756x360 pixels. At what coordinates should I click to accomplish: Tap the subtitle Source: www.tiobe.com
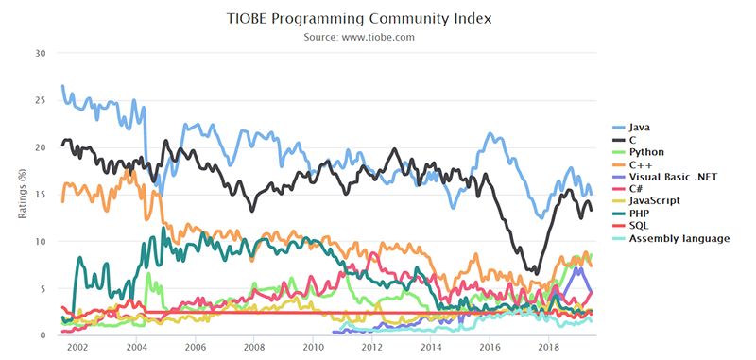click(359, 37)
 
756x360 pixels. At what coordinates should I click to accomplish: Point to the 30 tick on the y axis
click(40, 53)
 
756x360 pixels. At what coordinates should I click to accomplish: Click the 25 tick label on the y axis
click(40, 100)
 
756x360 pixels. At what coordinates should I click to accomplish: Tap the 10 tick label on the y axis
click(40, 242)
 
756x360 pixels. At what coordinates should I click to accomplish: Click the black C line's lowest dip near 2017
click(535, 273)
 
